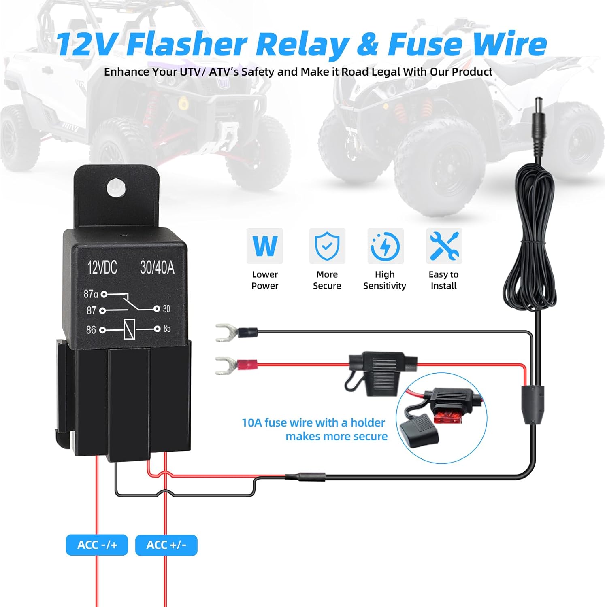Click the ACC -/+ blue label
click(x=97, y=545)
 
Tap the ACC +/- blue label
click(x=166, y=545)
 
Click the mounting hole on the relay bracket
click(x=116, y=187)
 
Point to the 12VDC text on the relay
click(x=102, y=267)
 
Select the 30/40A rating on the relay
click(x=157, y=267)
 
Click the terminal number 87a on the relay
click(x=91, y=294)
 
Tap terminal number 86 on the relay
click(x=91, y=330)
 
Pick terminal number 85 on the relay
click(x=167, y=329)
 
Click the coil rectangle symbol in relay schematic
click(x=129, y=329)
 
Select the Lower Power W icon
click(x=265, y=246)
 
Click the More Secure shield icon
click(x=327, y=246)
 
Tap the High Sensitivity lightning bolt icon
click(x=385, y=246)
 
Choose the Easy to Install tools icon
click(x=444, y=246)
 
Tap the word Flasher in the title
click(x=187, y=44)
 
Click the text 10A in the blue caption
click(x=252, y=422)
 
